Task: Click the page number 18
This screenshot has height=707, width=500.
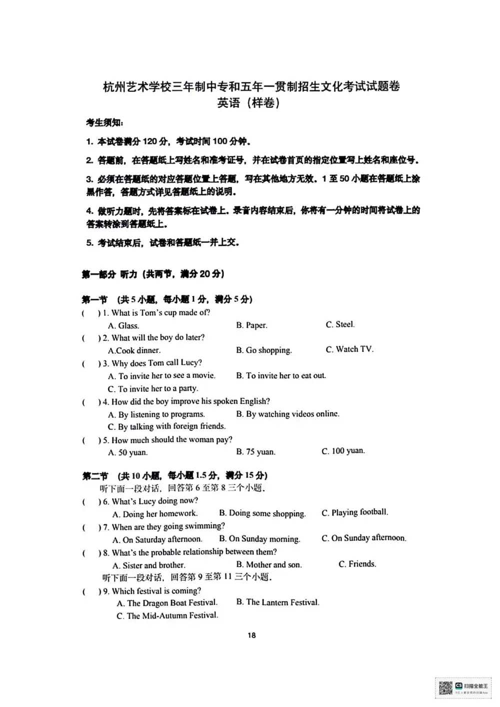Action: [251, 635]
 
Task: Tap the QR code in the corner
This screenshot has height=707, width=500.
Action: [445, 688]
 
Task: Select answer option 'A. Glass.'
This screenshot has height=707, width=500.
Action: [123, 326]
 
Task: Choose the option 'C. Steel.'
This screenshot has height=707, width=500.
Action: [340, 325]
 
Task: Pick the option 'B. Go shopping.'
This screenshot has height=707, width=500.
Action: [263, 350]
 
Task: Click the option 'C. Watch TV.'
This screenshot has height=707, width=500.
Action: [349, 349]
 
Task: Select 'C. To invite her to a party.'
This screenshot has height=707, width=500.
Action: [152, 389]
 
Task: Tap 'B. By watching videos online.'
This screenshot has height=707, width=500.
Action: [287, 414]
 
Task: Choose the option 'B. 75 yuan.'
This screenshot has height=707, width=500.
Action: [255, 452]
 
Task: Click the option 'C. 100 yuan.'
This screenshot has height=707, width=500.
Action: [343, 451]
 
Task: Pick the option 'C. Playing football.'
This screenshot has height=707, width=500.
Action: [354, 513]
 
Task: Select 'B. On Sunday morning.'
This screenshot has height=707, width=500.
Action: [259, 539]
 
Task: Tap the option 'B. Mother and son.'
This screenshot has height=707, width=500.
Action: [269, 565]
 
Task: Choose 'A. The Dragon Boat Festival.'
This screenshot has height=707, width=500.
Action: [167, 603]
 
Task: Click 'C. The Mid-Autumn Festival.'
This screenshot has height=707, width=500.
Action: [167, 616]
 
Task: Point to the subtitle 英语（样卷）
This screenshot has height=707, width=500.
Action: [248, 103]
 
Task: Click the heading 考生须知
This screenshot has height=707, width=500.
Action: [104, 122]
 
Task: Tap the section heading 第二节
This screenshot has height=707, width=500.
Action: [95, 476]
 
